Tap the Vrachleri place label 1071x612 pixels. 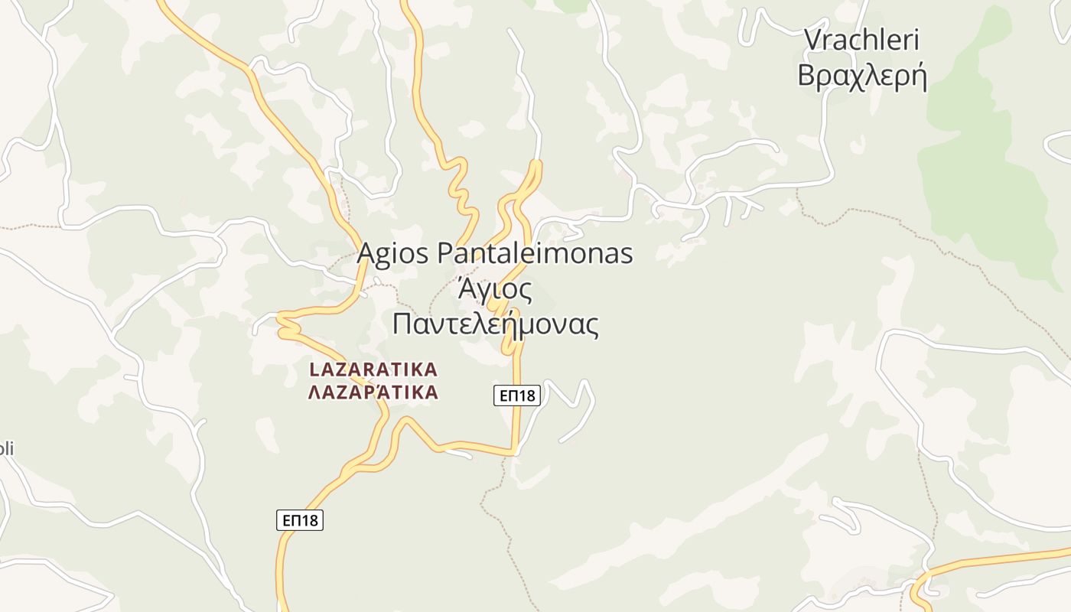862,40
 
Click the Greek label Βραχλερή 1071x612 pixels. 862,76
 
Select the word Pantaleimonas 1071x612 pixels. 535,253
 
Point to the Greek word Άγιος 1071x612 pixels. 494,290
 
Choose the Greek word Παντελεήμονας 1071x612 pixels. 495,324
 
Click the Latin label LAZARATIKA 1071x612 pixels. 373,369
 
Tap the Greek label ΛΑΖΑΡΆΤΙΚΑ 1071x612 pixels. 373,393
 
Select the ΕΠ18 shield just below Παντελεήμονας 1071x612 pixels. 516,396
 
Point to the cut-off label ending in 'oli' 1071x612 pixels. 6,449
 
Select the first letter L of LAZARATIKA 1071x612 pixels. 314,369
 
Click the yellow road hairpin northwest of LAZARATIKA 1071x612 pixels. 285,324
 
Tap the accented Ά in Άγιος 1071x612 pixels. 466,290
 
